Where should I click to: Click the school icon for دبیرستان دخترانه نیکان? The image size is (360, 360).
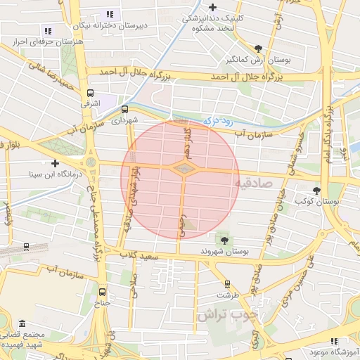point(109,14)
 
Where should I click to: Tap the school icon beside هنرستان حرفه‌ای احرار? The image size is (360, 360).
point(48,30)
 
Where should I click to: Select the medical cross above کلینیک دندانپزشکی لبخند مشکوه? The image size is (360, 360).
point(212,7)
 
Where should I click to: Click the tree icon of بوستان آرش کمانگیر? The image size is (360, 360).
point(258,49)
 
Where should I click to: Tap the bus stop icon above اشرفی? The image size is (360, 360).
point(90,92)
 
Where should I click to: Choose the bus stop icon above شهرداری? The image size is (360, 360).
point(124,109)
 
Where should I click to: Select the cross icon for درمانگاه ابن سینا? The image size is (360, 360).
point(55,162)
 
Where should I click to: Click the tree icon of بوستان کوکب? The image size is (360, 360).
point(317,190)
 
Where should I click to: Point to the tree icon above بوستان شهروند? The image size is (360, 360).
point(224,240)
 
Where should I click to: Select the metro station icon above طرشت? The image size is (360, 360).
point(226,284)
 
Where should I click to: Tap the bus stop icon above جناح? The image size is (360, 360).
point(103,292)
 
